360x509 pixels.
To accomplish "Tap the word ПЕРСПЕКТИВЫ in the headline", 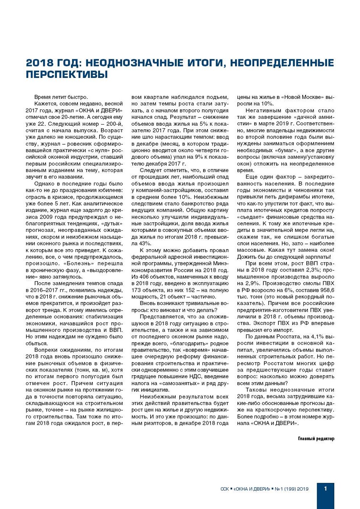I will tap(66, 75).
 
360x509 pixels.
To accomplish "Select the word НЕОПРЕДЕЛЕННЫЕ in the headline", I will tap(282, 63).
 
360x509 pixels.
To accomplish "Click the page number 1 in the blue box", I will tap(325, 488).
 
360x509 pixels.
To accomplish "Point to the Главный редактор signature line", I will tap(316, 438).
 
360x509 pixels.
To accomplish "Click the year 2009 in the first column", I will tap(47, 217).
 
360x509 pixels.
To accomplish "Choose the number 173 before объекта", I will tap(137, 290).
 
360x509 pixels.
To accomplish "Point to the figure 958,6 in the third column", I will tap(327, 290).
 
